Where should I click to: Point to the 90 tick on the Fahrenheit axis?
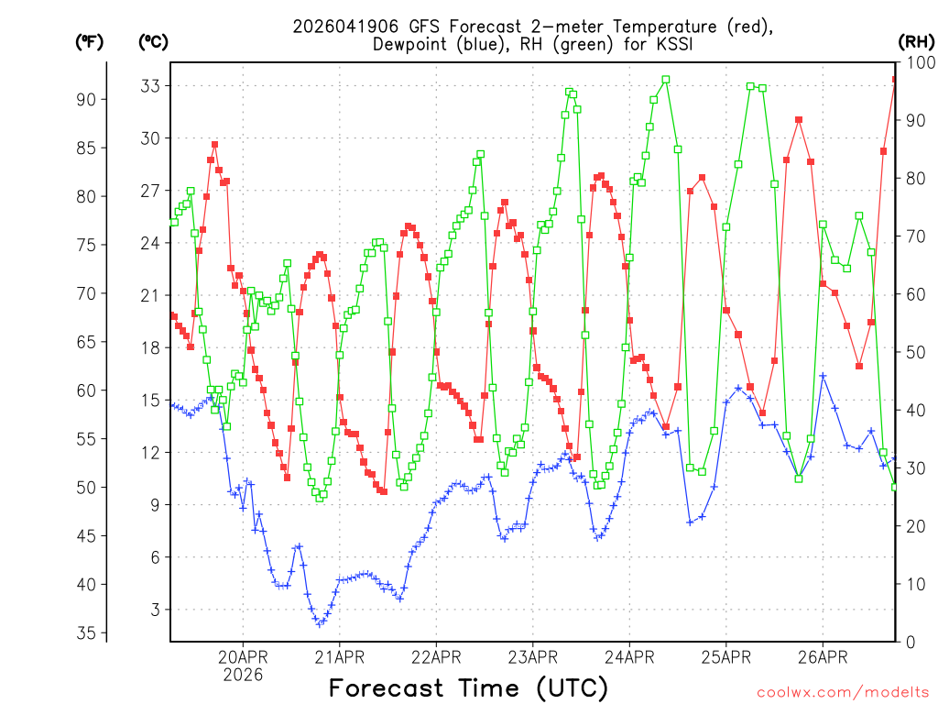[91, 99]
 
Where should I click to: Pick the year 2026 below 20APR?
[243, 675]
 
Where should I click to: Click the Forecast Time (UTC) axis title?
[468, 687]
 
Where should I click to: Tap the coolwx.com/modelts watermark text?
[844, 692]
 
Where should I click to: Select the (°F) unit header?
[89, 41]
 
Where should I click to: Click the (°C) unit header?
[153, 41]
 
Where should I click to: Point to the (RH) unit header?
[916, 41]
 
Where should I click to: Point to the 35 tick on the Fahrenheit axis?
[91, 633]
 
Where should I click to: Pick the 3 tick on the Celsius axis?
[155, 610]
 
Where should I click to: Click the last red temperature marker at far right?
[895, 80]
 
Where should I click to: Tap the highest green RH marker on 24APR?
[666, 80]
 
